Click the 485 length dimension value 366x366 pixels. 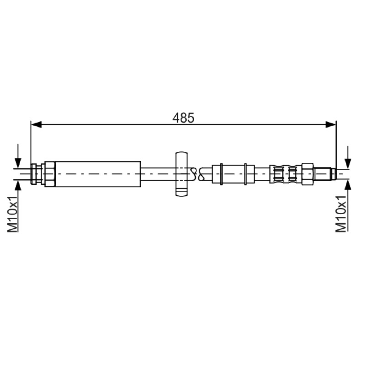[183, 118]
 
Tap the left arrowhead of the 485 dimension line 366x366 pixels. [36, 124]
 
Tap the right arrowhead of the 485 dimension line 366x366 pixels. [330, 124]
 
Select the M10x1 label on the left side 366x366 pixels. [13, 214]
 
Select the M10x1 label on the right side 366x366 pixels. [341, 214]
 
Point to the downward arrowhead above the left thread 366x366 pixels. [18, 163]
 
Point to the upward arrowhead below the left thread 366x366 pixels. [18, 185]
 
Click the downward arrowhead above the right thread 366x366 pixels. [348, 163]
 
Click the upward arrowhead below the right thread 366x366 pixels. [348, 185]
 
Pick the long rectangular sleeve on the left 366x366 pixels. [98, 174]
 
